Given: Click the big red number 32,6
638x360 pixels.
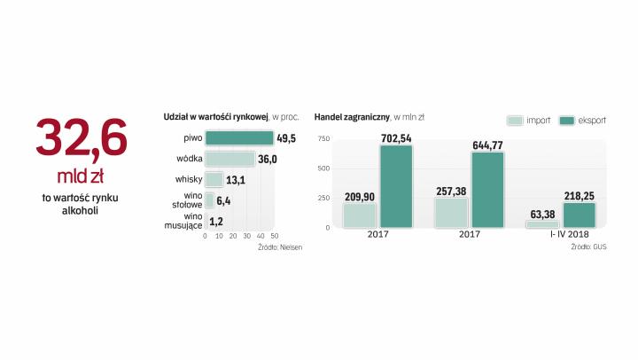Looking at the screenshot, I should tap(82, 138).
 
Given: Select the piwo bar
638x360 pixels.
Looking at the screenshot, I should tap(239, 138).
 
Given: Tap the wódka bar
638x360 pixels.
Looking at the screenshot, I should tap(230, 159).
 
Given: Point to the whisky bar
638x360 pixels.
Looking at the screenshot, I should tap(214, 179).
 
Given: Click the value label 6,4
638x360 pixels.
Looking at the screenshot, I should tap(224, 200).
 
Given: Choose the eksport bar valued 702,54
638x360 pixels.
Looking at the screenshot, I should tap(396, 186).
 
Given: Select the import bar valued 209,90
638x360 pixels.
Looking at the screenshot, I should tap(359, 215).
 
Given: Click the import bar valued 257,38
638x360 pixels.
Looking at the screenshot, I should tap(451, 213).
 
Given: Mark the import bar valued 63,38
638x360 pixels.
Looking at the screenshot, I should tap(541, 224).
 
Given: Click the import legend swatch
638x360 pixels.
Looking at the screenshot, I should tap(514, 120).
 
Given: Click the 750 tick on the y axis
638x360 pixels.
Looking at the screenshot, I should tap(323, 138).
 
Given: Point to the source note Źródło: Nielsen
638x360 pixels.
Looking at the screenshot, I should tap(280, 247).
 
